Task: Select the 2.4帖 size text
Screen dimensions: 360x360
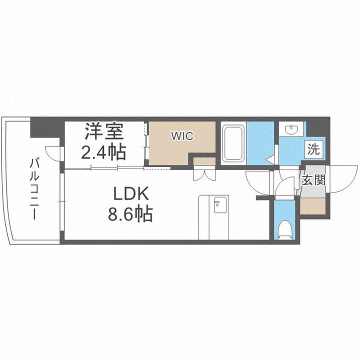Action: point(103,151)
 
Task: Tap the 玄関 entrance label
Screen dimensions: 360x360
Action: point(313,180)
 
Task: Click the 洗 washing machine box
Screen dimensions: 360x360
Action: point(313,148)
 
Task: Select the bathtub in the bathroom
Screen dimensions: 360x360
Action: point(233,144)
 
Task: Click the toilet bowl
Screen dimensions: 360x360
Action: point(285,228)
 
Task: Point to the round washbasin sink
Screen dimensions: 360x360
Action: point(290,130)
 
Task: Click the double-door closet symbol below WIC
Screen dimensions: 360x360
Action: point(204,173)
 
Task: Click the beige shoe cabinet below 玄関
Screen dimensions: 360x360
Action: point(312,205)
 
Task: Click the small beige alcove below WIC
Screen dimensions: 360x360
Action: point(204,161)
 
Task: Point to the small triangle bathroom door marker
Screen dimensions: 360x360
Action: point(269,160)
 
